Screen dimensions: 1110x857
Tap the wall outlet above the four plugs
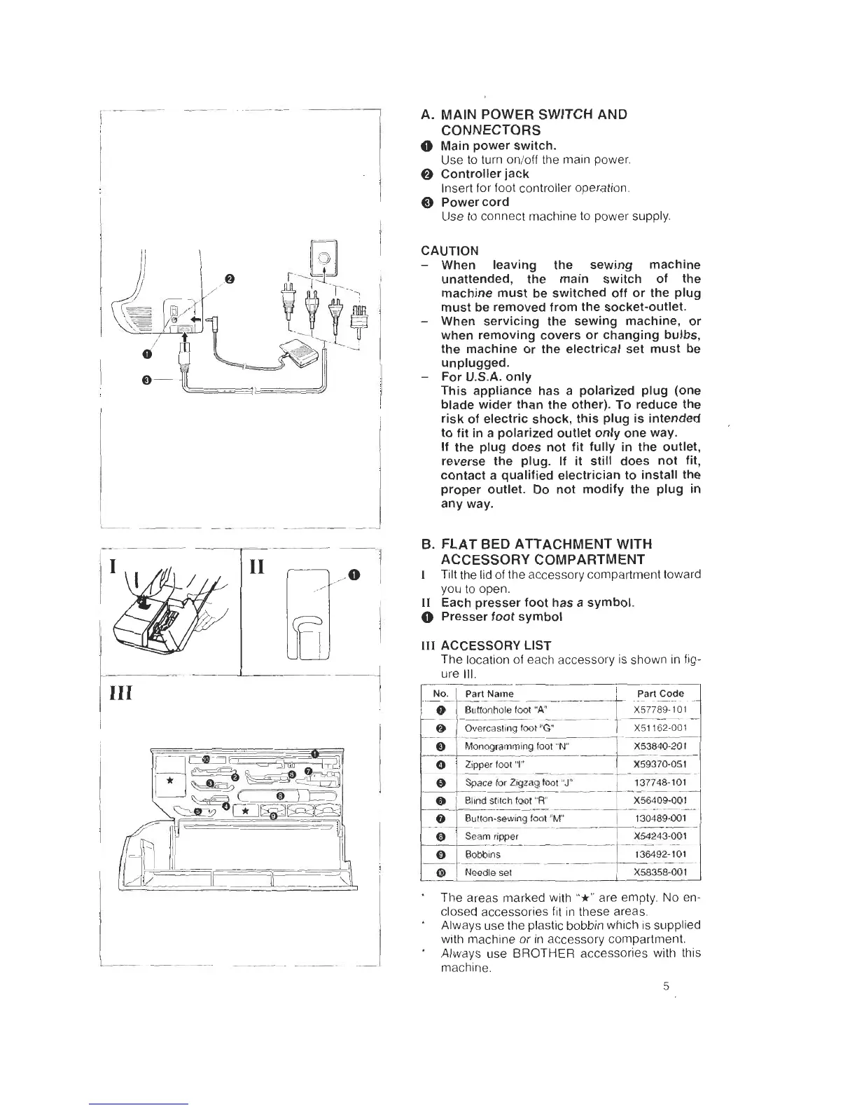coord(324,256)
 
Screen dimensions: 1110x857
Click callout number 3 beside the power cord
coord(146,380)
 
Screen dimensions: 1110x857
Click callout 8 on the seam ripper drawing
coord(280,796)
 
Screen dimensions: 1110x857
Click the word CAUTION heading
coord(450,251)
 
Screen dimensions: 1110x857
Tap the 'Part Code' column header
coord(660,694)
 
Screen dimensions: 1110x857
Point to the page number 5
coord(666,987)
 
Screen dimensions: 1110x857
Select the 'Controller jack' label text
coord(485,174)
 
